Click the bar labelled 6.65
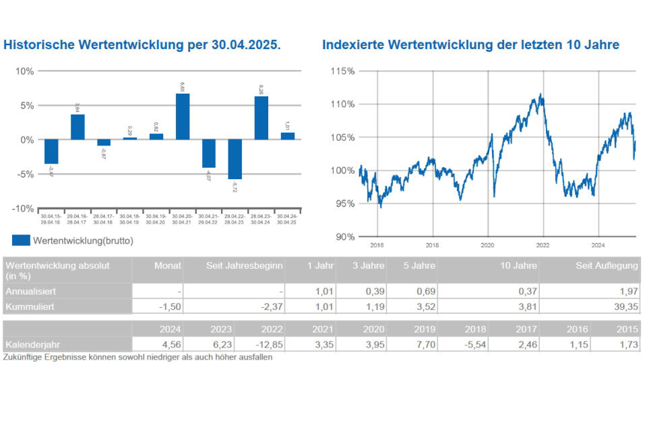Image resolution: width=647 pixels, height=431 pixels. click(183, 117)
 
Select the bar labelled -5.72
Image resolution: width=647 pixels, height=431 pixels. click(235, 159)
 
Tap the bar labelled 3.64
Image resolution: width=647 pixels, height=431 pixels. click(78, 127)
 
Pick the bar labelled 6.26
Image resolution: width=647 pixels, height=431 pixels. click(261, 118)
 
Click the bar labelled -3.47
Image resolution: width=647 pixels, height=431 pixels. click(51, 152)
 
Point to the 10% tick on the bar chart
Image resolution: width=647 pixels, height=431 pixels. click(25, 71)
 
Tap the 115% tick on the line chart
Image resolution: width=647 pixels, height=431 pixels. click(342, 71)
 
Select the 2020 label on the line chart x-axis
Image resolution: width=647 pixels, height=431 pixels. click(487, 245)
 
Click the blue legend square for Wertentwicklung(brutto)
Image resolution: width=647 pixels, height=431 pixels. click(21, 240)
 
